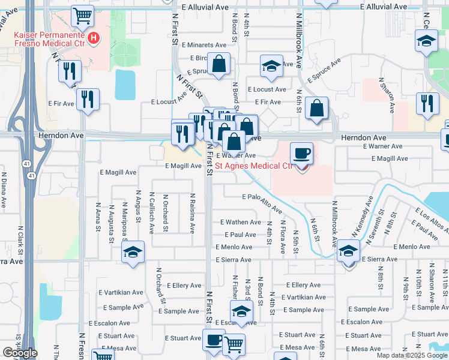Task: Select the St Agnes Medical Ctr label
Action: coord(254,166)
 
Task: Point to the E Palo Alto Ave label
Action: coord(262,203)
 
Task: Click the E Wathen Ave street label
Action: coord(240,222)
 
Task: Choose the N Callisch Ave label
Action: coord(151,212)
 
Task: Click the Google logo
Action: coord(20,353)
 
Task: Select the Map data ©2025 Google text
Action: coord(411,355)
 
